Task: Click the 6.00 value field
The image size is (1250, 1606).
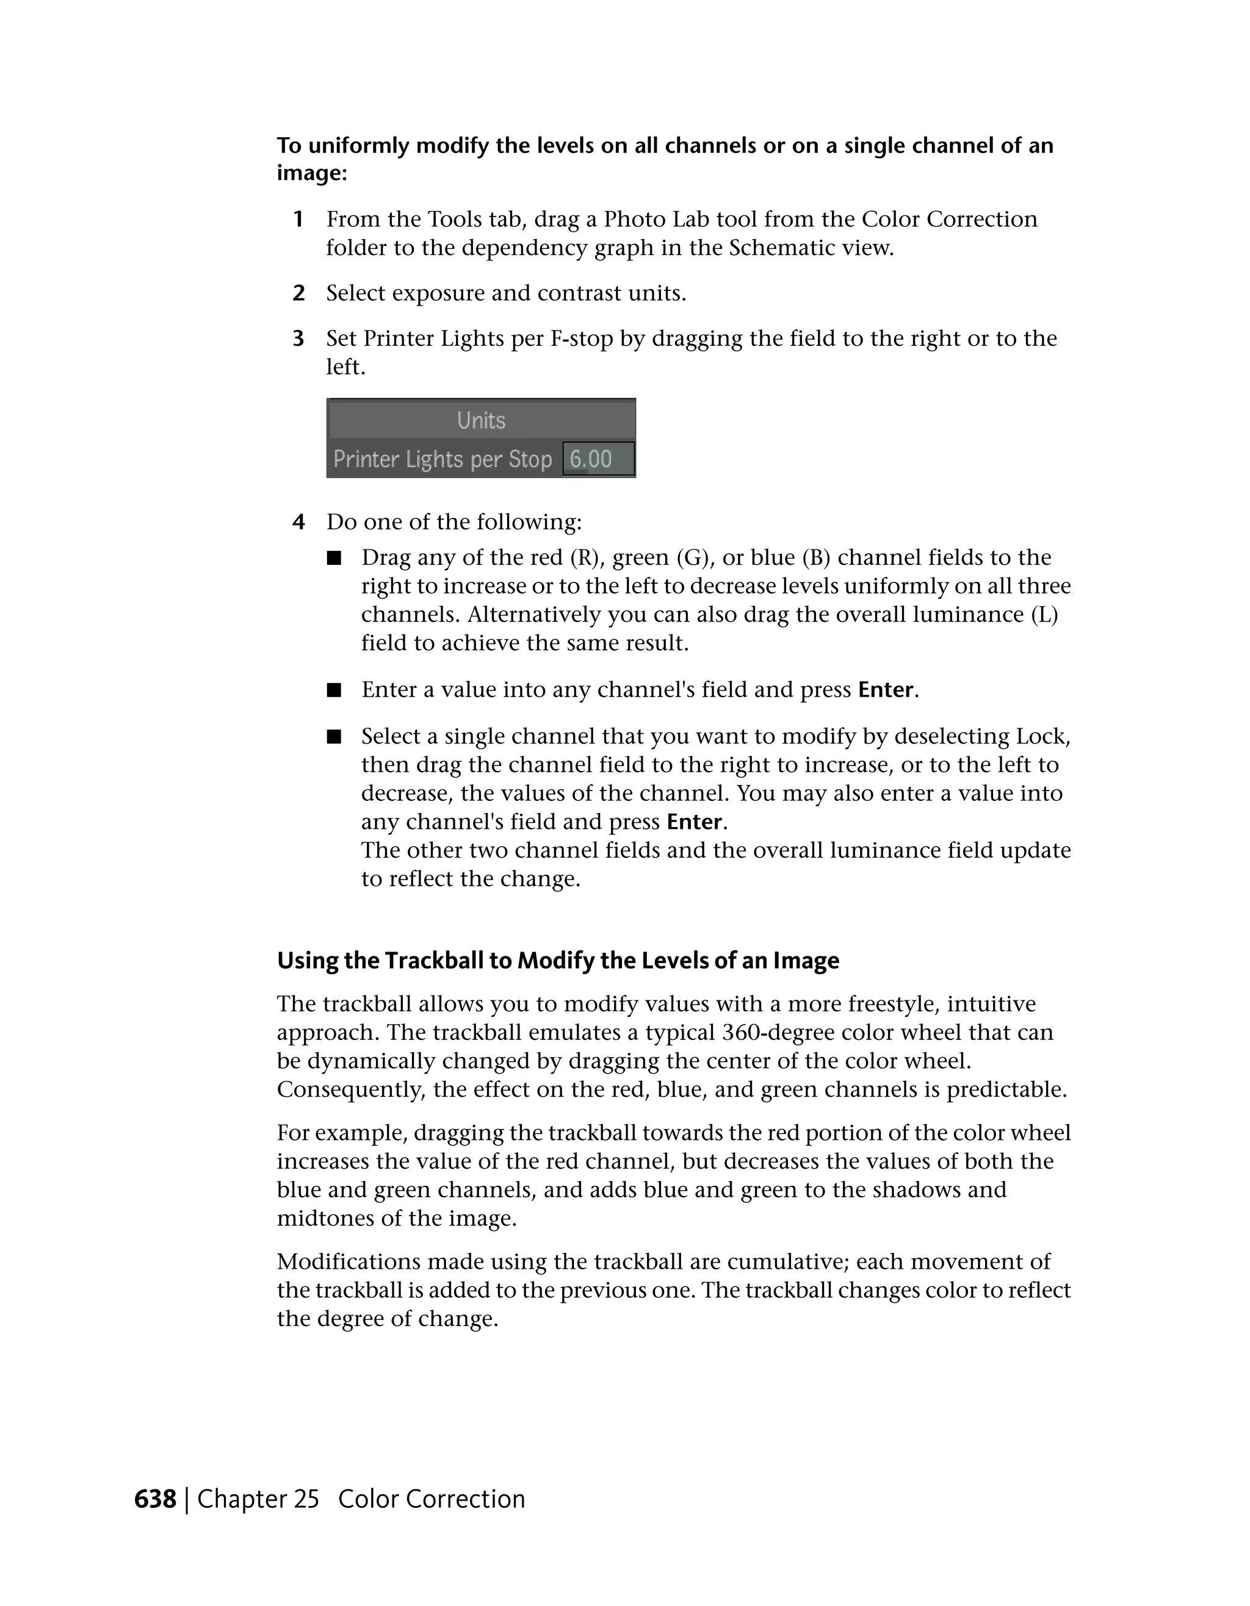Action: click(598, 459)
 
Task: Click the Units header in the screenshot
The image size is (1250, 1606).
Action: click(481, 421)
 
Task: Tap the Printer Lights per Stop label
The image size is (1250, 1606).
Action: click(442, 459)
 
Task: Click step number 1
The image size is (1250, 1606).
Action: click(298, 219)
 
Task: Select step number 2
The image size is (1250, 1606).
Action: click(298, 293)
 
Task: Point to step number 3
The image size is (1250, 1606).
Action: click(298, 339)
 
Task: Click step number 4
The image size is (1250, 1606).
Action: click(298, 522)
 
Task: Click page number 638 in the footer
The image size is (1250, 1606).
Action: click(155, 1499)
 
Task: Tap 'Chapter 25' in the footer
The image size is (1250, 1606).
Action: click(258, 1499)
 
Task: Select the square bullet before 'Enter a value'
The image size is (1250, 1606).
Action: click(334, 690)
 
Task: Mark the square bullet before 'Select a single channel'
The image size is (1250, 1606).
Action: click(334, 737)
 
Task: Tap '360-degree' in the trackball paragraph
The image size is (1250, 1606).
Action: click(766, 1033)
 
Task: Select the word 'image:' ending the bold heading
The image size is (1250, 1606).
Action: click(312, 174)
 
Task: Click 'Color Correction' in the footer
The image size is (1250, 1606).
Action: click(431, 1499)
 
